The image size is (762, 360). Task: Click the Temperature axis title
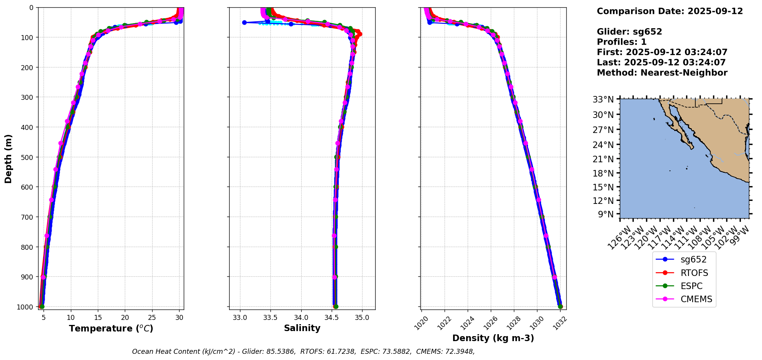tap(111, 328)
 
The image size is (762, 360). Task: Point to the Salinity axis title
tap(302, 328)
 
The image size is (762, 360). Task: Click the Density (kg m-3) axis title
tap(493, 338)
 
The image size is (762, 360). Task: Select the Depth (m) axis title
tap(8, 159)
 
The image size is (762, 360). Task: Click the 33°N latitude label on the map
tap(603, 100)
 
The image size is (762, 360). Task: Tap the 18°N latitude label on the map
tap(603, 173)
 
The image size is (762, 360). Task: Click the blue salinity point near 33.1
tap(244, 22)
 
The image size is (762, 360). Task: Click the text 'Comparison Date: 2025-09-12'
tap(670, 12)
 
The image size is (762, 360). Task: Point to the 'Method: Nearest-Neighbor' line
tap(662, 73)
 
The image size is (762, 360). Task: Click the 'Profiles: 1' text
tap(621, 42)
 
